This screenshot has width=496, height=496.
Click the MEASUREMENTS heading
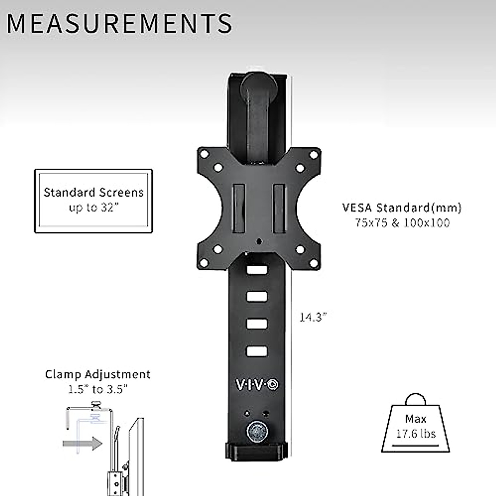point(119,24)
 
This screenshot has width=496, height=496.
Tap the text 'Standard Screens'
point(93,193)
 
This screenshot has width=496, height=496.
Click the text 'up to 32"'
point(93,207)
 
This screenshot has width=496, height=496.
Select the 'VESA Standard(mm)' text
point(402,207)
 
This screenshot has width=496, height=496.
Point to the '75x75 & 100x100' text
point(402,223)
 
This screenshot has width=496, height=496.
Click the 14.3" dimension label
point(313,317)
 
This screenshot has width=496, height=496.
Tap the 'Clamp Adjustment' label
point(98,374)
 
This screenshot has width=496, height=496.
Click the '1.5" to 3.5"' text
point(98,389)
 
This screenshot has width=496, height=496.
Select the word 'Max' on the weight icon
point(415,419)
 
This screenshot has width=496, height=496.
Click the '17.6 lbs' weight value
point(415,434)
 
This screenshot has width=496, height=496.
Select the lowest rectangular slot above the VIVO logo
point(257,351)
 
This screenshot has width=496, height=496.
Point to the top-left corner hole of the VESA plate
point(204,154)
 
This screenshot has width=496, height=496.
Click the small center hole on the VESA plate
point(259,241)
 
